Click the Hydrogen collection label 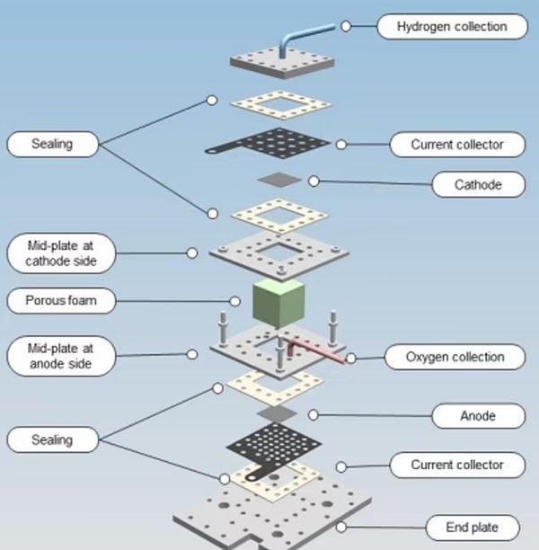[453, 27]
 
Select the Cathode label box [478, 185]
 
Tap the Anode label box [478, 416]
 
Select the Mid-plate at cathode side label [63, 253]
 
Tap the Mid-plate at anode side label [63, 355]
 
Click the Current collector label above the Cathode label [455, 144]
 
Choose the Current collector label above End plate [455, 465]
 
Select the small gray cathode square [276, 180]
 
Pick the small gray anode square [276, 412]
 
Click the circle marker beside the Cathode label [314, 181]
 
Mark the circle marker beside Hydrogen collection [346, 27]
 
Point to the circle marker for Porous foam [234, 301]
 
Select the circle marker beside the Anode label [313, 414]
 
